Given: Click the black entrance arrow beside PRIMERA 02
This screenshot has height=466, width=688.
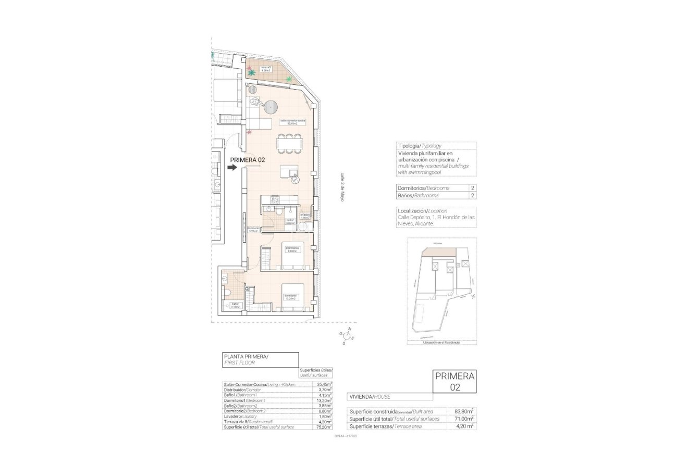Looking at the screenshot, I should [x=232, y=167].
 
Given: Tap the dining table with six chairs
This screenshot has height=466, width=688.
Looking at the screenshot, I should [x=289, y=144].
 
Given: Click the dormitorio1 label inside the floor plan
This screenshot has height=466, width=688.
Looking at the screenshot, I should [x=290, y=298].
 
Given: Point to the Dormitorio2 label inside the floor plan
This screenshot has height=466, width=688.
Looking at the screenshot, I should [x=292, y=249].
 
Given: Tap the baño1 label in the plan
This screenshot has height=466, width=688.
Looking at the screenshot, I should [x=235, y=305].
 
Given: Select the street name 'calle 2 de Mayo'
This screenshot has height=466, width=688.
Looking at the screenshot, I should [x=342, y=187].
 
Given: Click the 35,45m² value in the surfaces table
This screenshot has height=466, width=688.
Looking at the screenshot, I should [x=324, y=384].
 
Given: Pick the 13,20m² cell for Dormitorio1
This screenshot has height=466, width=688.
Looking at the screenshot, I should [x=324, y=400].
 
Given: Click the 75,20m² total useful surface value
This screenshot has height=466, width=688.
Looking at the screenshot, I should [x=324, y=427].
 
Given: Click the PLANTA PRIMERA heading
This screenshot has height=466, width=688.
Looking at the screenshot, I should [x=245, y=357].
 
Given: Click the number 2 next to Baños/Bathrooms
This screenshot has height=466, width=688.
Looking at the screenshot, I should [x=472, y=195].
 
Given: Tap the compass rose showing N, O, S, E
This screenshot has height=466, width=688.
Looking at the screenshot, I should [x=348, y=336].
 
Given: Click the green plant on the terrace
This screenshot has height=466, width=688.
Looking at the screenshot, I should [x=289, y=79].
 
